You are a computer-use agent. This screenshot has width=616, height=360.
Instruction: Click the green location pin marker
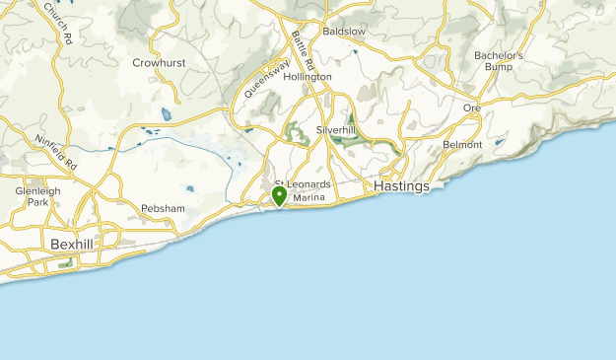(280, 196)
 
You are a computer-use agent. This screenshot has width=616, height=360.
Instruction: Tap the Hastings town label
(401, 186)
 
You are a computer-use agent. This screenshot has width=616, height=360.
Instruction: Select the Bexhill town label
(74, 243)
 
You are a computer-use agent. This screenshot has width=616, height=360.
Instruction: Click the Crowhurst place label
(159, 63)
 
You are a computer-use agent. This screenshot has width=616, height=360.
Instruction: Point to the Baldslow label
(344, 32)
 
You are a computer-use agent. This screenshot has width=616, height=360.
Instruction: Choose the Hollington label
(308, 76)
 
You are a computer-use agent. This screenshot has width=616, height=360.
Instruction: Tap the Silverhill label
(335, 129)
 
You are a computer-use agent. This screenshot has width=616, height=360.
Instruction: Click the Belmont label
(463, 144)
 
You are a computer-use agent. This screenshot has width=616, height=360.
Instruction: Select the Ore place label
(472, 108)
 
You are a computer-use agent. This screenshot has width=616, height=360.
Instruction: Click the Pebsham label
(164, 210)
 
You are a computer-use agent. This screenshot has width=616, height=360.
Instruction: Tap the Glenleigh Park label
(38, 196)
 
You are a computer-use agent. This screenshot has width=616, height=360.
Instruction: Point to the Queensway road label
(266, 80)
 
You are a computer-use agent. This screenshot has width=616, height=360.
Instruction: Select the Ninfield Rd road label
(56, 152)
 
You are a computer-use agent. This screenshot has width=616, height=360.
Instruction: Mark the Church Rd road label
(58, 25)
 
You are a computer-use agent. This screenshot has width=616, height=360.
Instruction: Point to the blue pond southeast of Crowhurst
(166, 115)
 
